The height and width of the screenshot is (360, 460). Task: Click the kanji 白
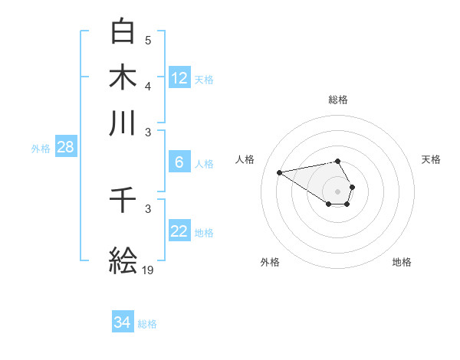pyautogui.click(x=123, y=31)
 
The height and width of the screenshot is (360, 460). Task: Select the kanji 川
pyautogui.click(x=123, y=123)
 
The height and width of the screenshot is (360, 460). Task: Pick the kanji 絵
pyautogui.click(x=123, y=260)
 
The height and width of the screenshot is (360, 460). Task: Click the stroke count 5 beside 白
pyautogui.click(x=148, y=40)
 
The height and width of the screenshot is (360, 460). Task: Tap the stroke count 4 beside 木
pyautogui.click(x=148, y=86)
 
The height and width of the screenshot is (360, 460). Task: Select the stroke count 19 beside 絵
pyautogui.click(x=148, y=270)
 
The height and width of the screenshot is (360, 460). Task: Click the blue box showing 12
pyautogui.click(x=179, y=77)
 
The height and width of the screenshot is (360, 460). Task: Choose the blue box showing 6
pyautogui.click(x=179, y=162)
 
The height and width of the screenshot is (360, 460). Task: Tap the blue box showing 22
pyautogui.click(x=179, y=231)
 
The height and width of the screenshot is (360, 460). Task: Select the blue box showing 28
pyautogui.click(x=65, y=147)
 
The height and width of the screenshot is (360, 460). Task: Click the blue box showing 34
pyautogui.click(x=123, y=322)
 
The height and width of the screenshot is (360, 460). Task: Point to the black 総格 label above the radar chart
pyautogui.click(x=338, y=100)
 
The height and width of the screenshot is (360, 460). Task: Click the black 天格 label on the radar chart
pyautogui.click(x=431, y=159)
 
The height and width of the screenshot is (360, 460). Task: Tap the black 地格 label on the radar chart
pyautogui.click(x=402, y=262)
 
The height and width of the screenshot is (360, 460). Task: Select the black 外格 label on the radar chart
pyautogui.click(x=270, y=262)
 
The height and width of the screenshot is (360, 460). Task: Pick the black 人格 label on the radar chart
pyautogui.click(x=245, y=159)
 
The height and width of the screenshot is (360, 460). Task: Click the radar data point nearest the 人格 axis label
pyautogui.click(x=279, y=172)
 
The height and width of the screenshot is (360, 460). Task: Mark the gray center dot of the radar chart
pyautogui.click(x=338, y=191)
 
